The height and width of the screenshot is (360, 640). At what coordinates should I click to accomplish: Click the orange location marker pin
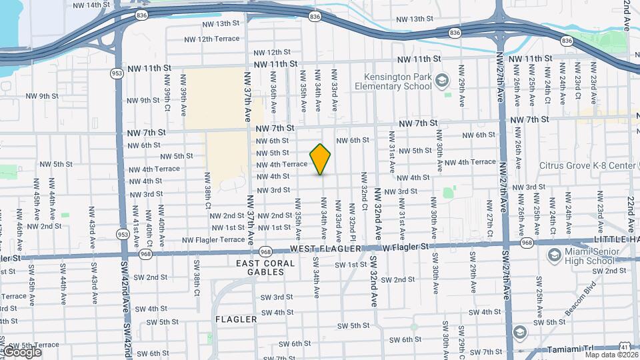tap(321, 159)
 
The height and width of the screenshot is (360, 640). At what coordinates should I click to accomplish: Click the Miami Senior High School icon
tap(553, 256)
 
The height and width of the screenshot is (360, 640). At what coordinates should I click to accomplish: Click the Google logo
tap(22, 352)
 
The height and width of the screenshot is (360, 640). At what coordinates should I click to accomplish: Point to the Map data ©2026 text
tap(610, 354)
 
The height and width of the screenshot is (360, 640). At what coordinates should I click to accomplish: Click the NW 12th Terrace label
tap(211, 39)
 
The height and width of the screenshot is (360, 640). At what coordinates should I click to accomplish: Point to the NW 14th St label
tap(91, 5)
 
